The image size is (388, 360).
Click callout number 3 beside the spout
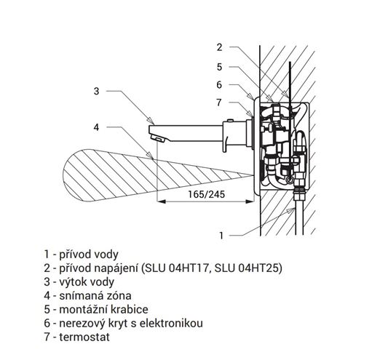97,91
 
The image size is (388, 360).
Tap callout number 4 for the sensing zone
97,127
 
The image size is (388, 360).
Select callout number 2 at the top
220,47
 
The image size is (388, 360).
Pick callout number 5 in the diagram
220,67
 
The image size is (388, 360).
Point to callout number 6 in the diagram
220,84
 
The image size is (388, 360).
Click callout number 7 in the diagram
218,102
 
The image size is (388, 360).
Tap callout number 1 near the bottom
221,236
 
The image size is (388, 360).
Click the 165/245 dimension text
206,194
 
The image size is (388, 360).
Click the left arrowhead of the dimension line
162,201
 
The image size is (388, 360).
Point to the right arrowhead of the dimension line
250,201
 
